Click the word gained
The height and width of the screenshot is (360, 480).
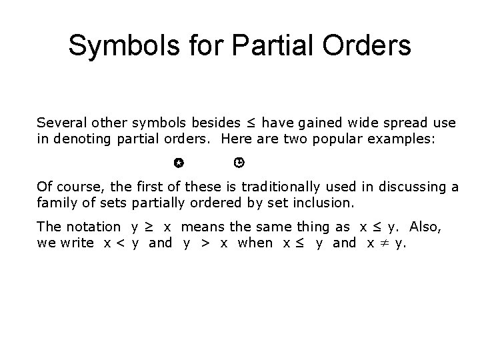point(318,123)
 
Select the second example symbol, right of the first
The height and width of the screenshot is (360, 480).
point(239,162)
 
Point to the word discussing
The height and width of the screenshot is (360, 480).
point(407,187)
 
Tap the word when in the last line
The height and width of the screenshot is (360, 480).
point(255,243)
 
